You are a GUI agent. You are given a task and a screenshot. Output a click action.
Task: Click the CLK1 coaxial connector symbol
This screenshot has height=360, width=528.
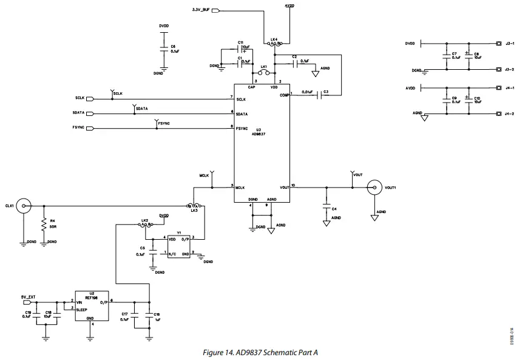(24, 206)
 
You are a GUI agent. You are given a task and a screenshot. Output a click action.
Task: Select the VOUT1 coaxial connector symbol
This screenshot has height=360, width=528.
(375, 188)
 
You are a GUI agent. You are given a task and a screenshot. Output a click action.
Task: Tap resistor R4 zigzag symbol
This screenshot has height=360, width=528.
(44, 225)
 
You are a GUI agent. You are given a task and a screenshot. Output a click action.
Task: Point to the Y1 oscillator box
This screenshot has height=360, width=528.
(179, 246)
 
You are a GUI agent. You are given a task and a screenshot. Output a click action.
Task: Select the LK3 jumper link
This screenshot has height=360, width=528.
(194, 206)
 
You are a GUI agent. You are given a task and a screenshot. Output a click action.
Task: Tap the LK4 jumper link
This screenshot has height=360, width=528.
(274, 44)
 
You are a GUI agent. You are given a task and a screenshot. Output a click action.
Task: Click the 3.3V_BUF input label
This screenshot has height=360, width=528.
(200, 10)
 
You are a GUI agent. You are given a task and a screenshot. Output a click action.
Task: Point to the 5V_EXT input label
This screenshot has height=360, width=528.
(28, 297)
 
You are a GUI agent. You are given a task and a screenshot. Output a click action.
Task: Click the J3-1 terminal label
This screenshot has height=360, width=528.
(509, 43)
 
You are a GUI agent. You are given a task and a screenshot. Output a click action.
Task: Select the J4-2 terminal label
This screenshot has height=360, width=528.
(509, 114)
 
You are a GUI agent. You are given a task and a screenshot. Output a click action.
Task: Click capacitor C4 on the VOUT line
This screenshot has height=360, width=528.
(327, 208)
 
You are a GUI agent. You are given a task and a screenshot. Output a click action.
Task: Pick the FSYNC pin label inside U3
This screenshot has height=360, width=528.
(242, 128)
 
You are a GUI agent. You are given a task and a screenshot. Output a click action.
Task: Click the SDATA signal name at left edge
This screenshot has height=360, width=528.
(78, 113)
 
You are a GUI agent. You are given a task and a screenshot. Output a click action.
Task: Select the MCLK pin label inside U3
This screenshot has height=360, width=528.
(241, 188)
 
